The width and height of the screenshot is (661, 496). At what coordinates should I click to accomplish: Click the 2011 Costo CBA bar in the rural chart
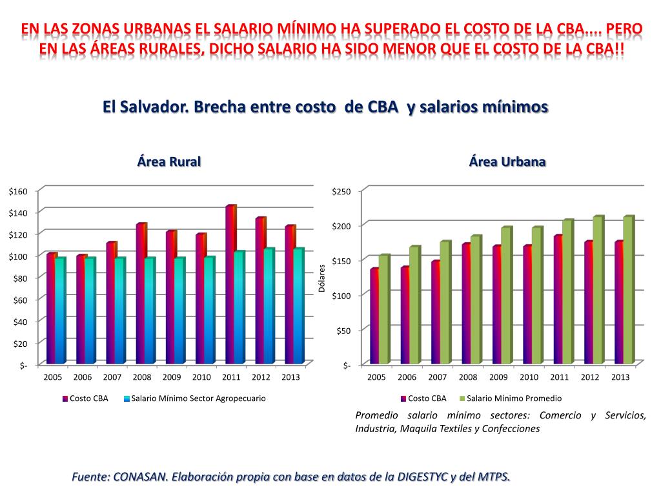230,284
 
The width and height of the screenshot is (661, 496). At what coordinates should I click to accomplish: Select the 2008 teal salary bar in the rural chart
150,310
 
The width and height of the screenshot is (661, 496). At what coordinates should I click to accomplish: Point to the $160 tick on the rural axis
18,191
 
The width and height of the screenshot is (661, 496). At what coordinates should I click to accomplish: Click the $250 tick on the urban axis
341,191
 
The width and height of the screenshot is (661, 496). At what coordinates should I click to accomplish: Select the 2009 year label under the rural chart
172,377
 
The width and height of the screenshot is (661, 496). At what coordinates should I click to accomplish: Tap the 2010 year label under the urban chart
529,377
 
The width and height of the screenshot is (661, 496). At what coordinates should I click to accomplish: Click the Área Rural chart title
169,162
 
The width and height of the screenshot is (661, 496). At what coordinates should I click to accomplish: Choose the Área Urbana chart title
507,162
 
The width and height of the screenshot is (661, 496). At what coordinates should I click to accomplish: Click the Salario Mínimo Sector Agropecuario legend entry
198,398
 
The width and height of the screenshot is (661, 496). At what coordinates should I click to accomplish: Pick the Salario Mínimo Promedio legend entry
514,398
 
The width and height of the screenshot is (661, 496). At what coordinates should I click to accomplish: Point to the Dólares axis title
322,278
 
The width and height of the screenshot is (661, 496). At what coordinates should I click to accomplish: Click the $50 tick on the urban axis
343,331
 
